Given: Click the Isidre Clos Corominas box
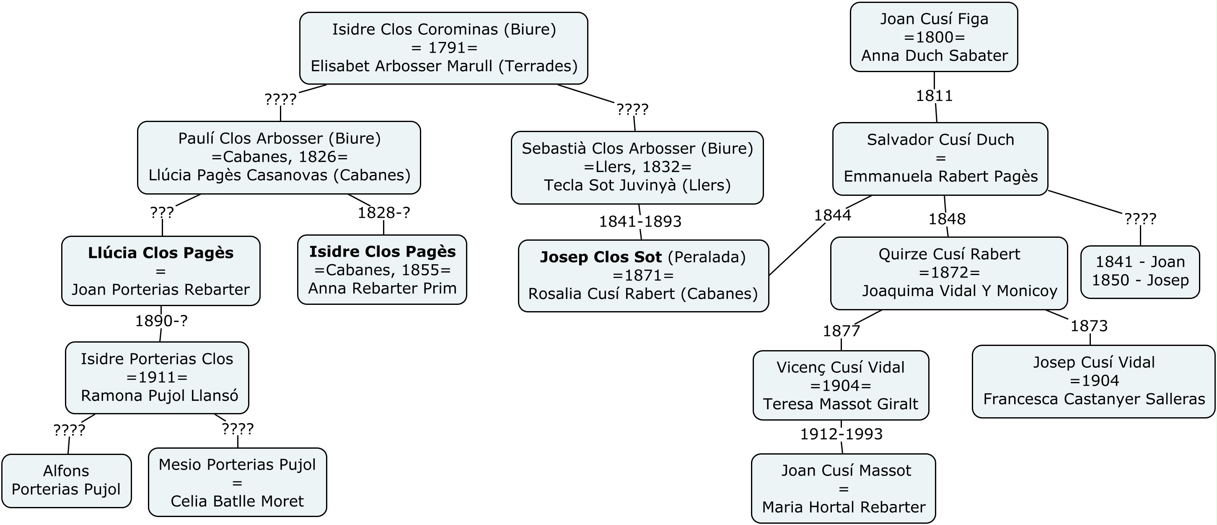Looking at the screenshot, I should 444,48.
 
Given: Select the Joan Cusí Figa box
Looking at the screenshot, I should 934,37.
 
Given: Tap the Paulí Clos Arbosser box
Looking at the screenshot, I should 279,157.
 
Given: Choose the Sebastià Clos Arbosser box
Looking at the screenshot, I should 637,167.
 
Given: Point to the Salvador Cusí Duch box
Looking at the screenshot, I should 940,159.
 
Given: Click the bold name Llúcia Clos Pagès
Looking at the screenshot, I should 161,253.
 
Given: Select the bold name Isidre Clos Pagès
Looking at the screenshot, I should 382,252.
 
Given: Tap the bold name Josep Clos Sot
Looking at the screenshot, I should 601,257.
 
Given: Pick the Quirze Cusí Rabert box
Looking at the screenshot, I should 949,273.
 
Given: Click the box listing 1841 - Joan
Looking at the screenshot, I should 1140,271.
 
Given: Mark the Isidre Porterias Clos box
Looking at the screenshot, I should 157,377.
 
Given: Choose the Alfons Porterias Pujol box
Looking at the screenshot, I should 66,480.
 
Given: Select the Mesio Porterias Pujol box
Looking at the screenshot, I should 237,482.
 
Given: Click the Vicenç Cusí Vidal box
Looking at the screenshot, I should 841,385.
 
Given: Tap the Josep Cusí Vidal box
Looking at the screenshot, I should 1094,381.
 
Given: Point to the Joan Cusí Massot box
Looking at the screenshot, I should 843,488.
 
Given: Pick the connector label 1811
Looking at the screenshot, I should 934,96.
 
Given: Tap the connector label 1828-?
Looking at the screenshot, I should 383,213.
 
